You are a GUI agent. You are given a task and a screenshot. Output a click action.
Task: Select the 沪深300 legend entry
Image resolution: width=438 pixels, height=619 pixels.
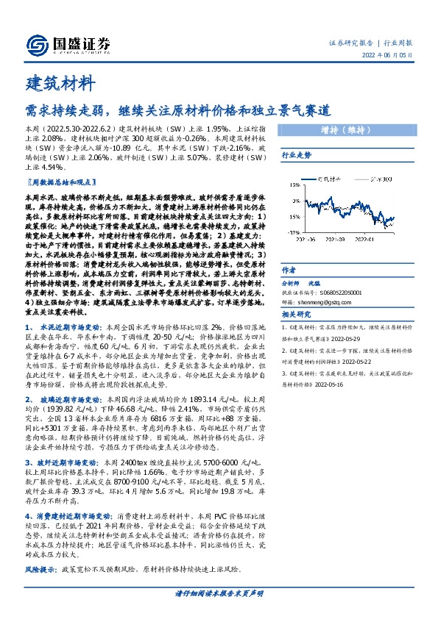[381, 179]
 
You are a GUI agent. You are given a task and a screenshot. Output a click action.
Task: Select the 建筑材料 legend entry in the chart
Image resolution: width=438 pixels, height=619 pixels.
[334, 179]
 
